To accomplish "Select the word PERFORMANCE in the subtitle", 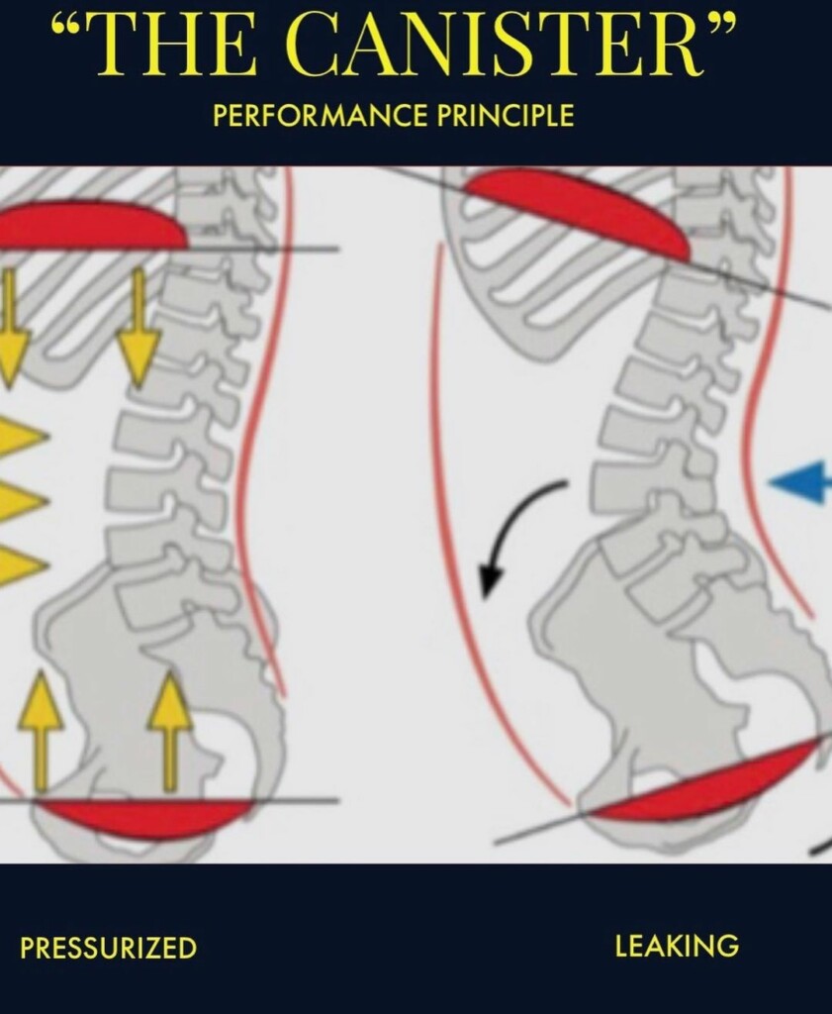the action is [x=320, y=116].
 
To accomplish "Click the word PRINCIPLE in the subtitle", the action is [x=506, y=116].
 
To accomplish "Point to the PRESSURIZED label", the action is [x=108, y=948].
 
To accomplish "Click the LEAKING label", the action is [x=677, y=946].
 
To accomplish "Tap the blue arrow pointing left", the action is [x=799, y=481].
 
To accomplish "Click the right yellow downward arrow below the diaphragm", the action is [x=138, y=324].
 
